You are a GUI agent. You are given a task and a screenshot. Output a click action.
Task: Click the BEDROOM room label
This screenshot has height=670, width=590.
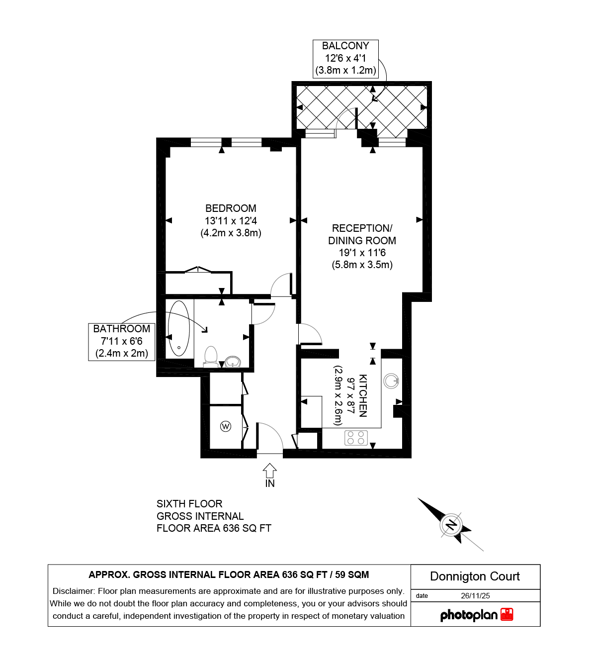pos(231,208)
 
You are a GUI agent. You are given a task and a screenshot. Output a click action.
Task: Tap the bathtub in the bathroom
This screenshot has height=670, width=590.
pos(179,328)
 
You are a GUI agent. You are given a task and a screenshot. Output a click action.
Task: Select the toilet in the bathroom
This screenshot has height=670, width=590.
pos(211,357)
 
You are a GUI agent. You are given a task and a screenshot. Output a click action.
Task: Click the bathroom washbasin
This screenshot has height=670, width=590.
pos(233,362)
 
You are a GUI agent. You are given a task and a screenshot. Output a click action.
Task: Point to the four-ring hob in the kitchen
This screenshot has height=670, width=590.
pos(356,438)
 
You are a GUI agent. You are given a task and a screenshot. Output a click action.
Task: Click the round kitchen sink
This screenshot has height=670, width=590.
pos(391,381)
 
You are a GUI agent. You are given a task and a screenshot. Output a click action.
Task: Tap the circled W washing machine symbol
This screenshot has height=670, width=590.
pos(226,426)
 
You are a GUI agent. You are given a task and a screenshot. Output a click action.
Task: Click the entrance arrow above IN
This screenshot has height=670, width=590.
pos(270,470)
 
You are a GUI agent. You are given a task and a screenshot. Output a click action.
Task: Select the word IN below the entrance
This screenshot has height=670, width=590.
pos(270,483)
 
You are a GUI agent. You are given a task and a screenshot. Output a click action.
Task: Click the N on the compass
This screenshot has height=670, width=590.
pos(451,525)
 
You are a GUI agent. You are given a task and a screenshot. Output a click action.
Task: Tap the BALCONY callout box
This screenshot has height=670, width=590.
pos(345,59)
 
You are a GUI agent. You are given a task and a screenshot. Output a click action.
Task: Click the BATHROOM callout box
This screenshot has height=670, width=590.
pos(122,342)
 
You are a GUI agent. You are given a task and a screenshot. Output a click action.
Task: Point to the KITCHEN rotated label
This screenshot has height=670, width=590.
pos(363,396)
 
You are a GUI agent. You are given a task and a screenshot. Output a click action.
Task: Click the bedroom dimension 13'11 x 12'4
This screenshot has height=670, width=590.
pos(231,220)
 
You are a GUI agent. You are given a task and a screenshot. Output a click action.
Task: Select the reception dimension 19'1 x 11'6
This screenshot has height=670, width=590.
pos(362,253)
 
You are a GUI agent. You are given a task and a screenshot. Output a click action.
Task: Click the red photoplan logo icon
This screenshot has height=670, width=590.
pos(506,614)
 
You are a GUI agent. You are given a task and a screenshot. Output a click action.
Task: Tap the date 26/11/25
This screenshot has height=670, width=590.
pos(475,595)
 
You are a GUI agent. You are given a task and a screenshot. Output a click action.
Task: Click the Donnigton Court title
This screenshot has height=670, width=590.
pos(475,576)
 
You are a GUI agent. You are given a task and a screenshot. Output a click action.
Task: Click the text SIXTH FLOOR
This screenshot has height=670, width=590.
pos(189,504)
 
